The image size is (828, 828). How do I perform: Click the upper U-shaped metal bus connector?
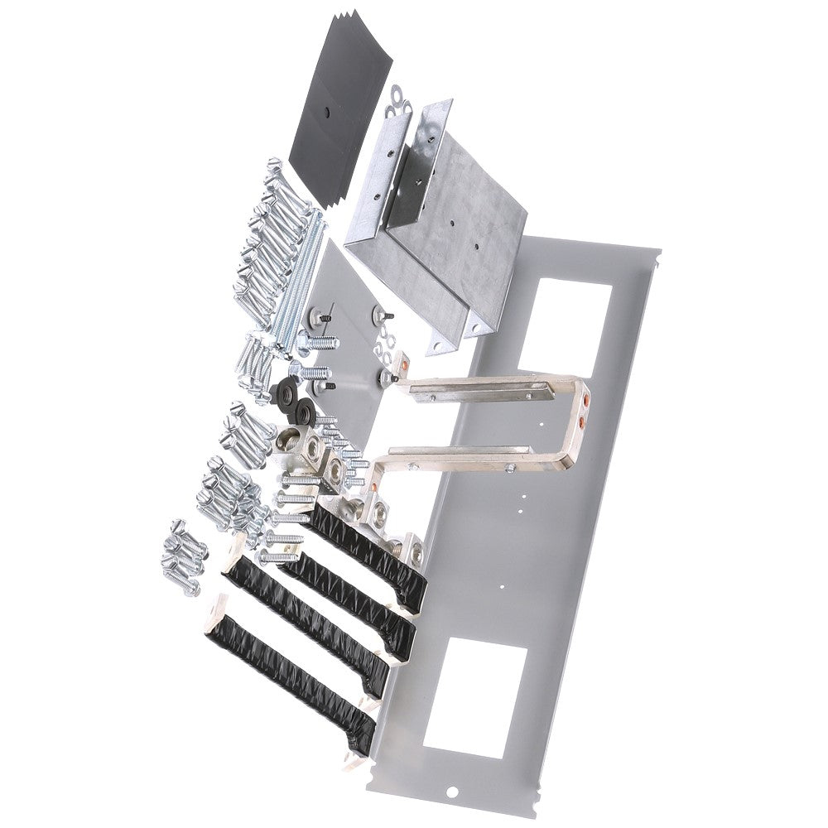point(497,389)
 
